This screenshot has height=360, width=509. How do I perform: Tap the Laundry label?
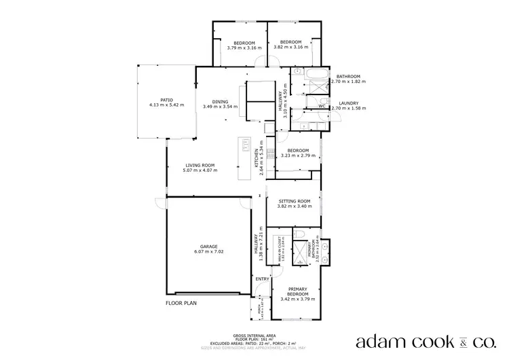pos(347,105)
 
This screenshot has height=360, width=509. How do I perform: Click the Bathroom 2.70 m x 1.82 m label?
pos(347,78)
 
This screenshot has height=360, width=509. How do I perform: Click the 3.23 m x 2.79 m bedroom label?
pos(298,153)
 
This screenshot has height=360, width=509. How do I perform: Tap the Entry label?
pos(262,278)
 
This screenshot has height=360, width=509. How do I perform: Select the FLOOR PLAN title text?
pos(181,304)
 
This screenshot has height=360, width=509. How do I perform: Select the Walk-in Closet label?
pos(280,251)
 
